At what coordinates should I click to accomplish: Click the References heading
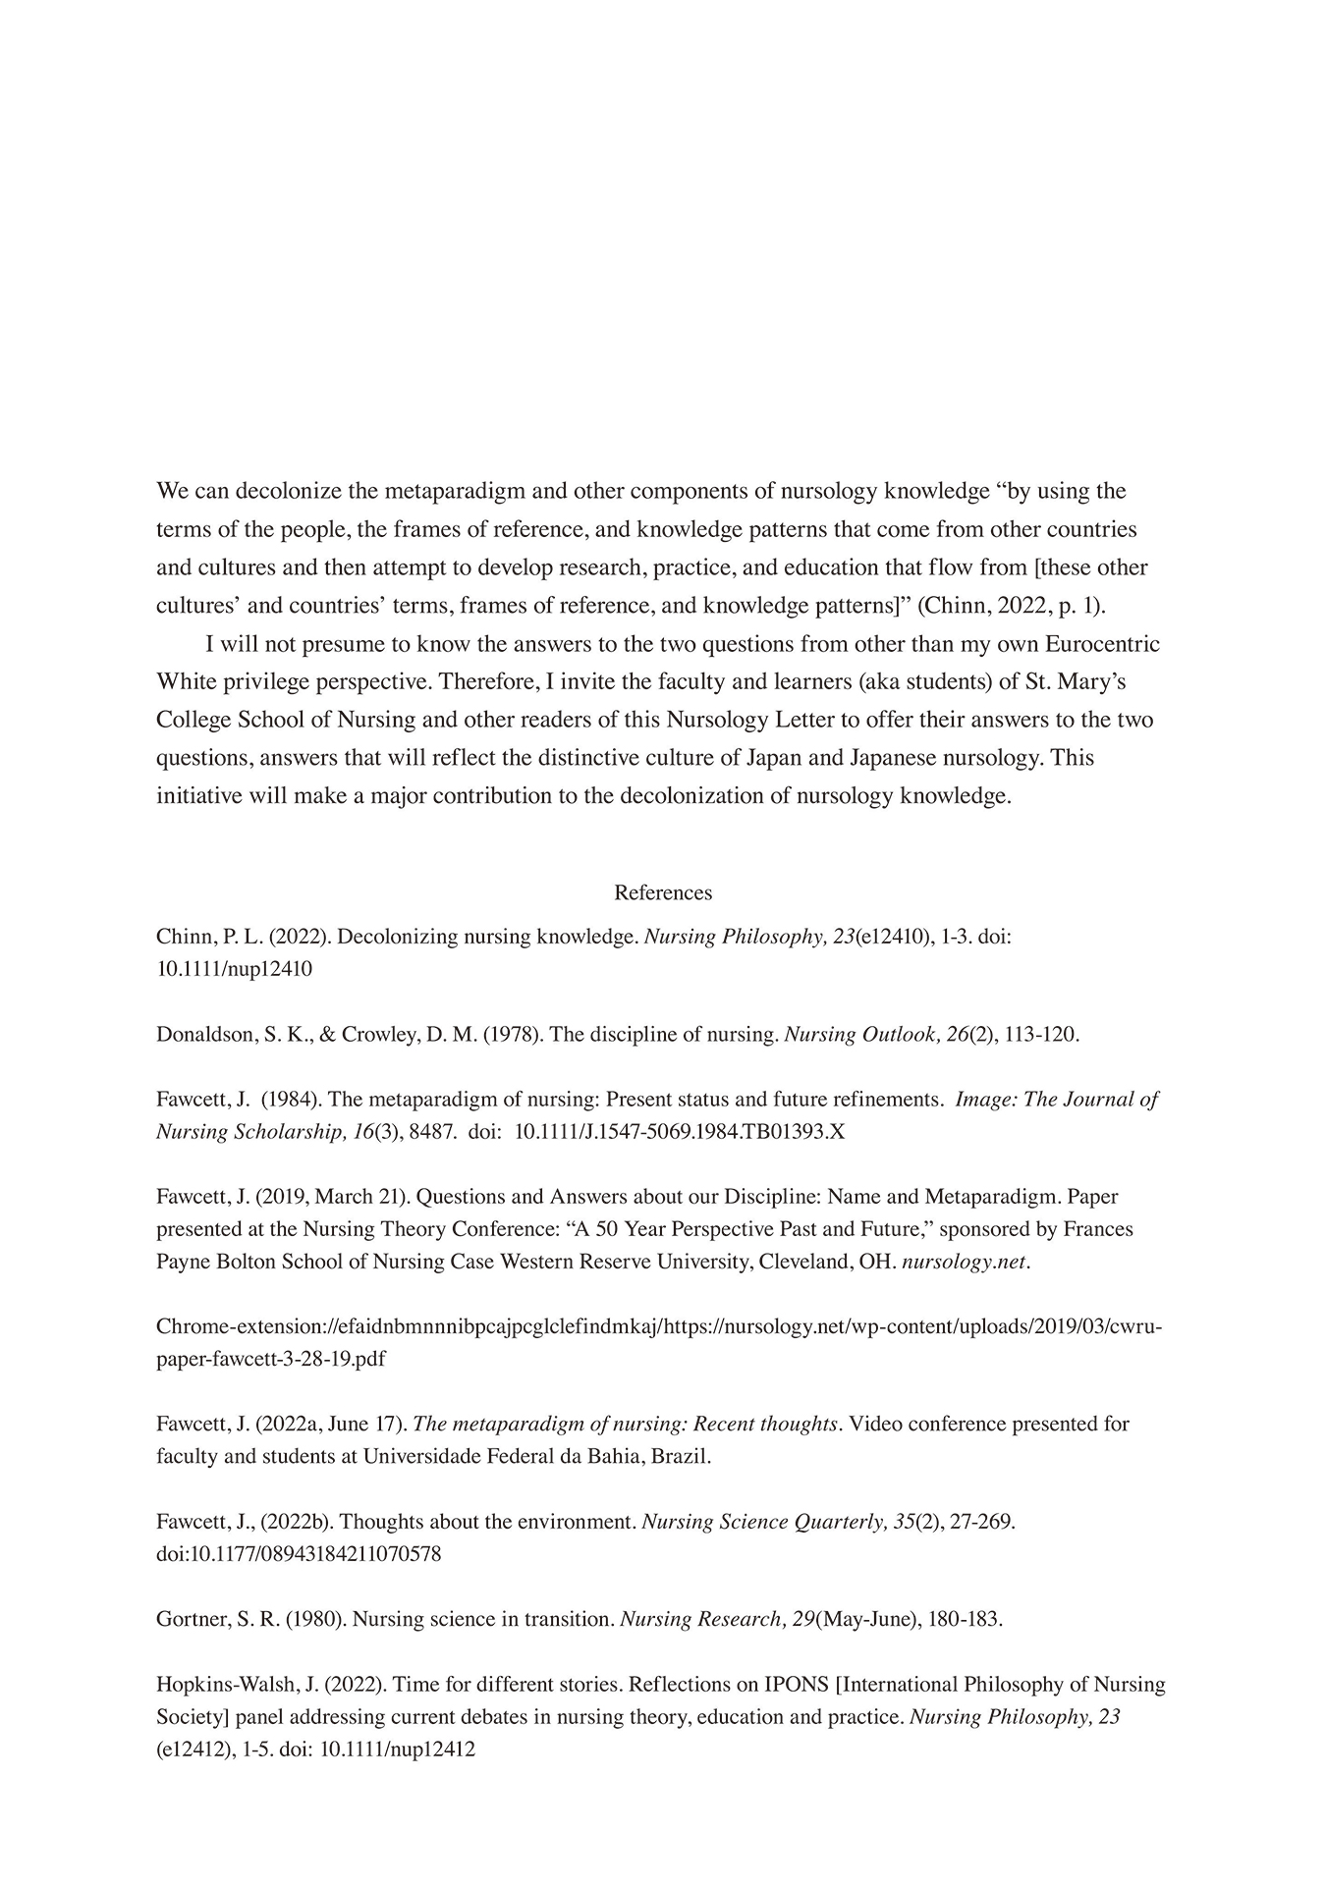663,892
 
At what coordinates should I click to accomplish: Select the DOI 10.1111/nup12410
234,969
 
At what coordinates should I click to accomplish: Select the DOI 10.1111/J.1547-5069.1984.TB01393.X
680,1131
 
